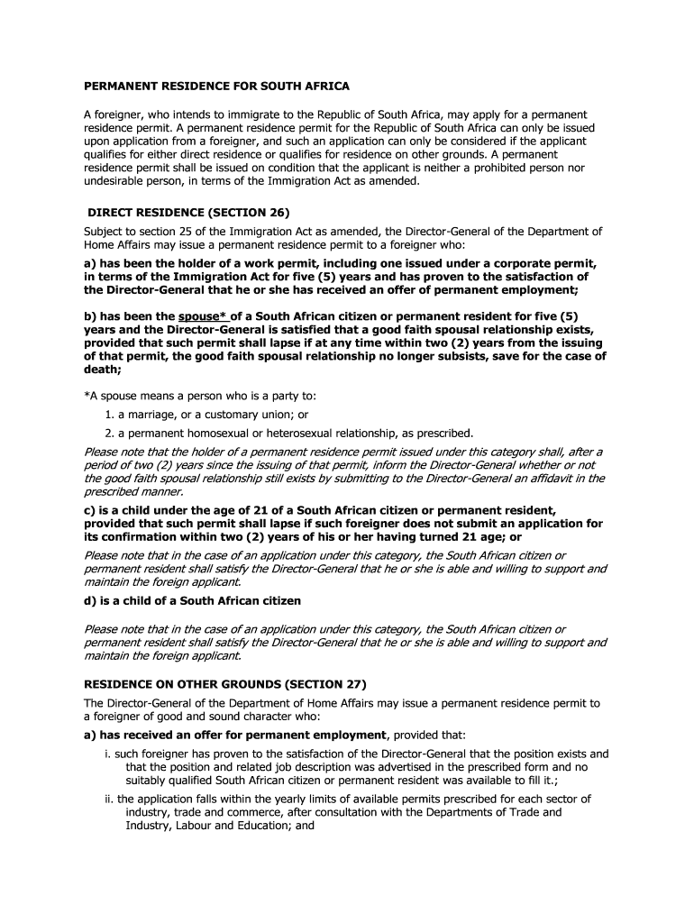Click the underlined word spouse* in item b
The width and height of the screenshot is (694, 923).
point(203,316)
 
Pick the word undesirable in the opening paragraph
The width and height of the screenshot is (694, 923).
point(114,181)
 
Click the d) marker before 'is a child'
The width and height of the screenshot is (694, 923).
point(91,600)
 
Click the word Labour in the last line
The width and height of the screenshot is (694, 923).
point(195,825)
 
